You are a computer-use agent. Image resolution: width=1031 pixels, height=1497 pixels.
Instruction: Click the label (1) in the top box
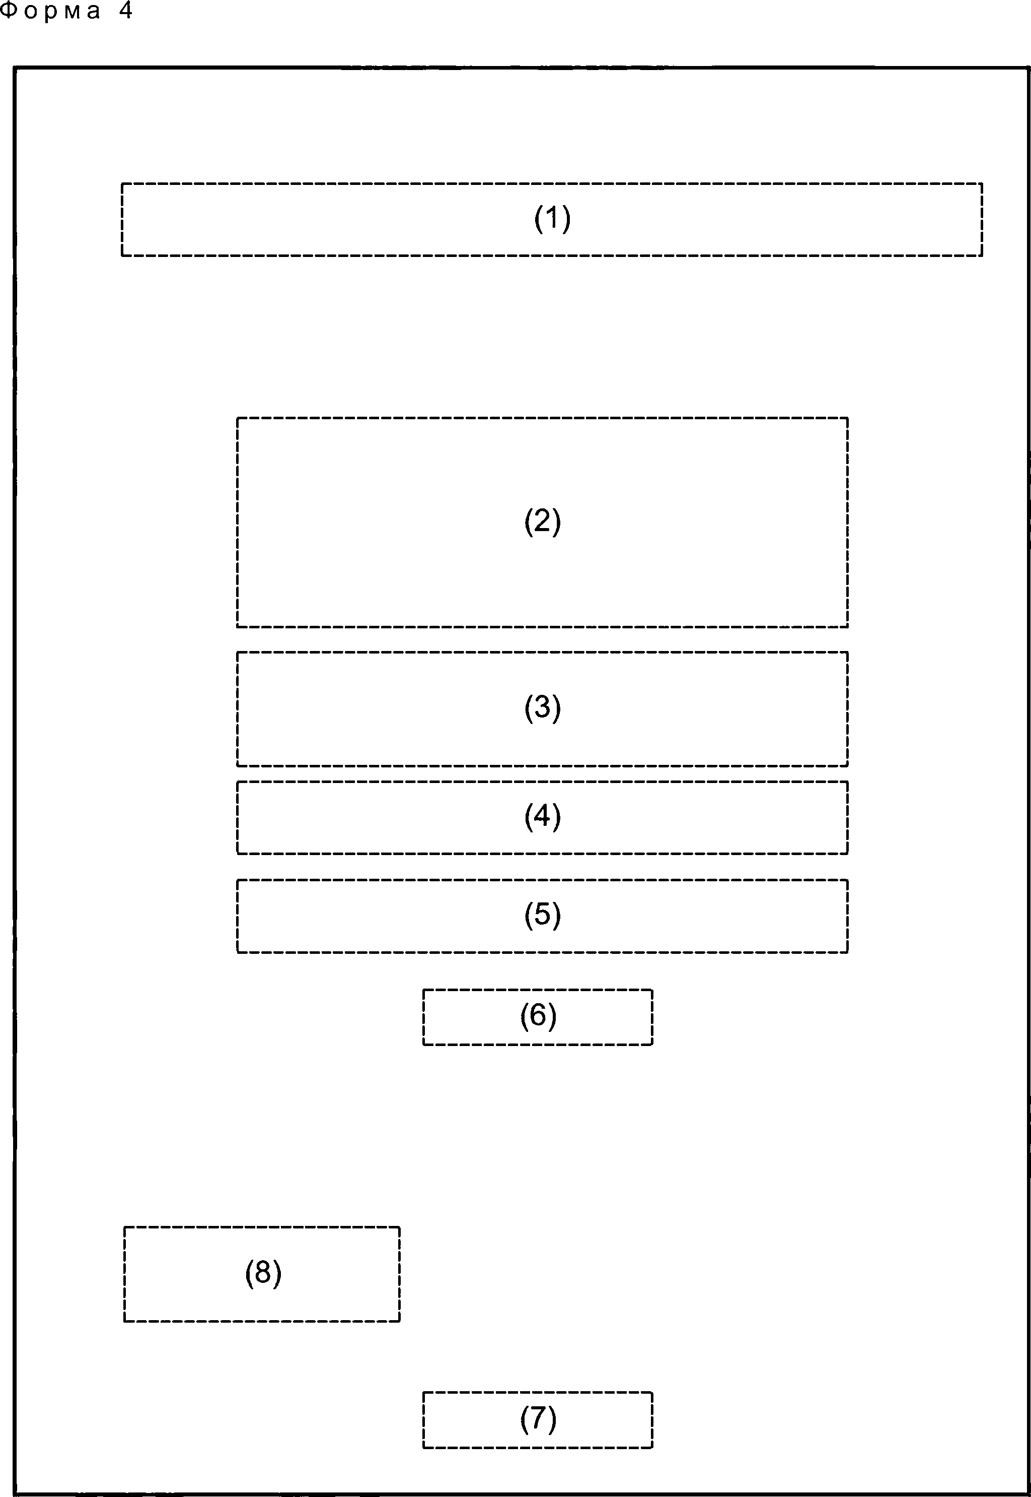click(x=552, y=219)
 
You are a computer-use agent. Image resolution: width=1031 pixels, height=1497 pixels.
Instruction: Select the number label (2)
click(x=543, y=522)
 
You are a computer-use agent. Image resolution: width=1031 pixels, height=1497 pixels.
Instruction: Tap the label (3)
click(x=543, y=708)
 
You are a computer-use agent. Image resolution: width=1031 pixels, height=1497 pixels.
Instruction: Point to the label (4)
click(x=543, y=816)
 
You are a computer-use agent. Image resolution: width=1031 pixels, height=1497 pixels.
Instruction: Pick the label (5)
click(x=543, y=915)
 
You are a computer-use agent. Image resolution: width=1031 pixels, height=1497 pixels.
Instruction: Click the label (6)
click(x=538, y=1016)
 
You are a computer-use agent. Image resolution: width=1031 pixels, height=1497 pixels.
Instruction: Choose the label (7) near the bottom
click(x=538, y=1419)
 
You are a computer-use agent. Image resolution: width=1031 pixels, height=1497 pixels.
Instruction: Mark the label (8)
click(x=263, y=1273)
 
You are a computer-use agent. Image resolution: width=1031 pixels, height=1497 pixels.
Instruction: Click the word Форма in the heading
click(x=50, y=11)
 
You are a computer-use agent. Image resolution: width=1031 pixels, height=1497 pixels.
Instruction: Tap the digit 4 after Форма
click(x=125, y=11)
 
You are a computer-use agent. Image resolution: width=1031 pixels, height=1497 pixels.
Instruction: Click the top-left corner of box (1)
click(x=122, y=183)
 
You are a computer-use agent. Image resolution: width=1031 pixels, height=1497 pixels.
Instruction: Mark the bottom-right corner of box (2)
click(x=848, y=626)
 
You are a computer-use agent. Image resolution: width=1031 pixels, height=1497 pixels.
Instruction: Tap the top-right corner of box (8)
click(x=400, y=1227)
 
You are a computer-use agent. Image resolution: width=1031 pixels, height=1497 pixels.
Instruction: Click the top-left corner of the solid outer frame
click(x=15, y=67)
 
